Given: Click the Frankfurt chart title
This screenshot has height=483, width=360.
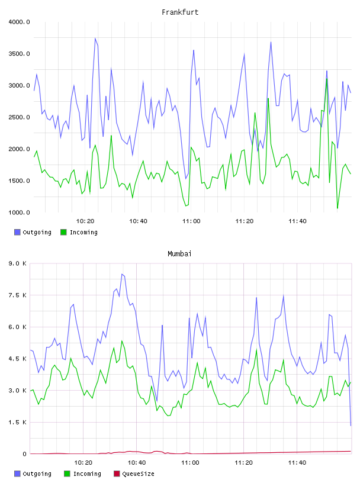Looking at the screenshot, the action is [x=180, y=12].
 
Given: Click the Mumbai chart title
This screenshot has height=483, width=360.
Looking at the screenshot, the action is [x=179, y=254].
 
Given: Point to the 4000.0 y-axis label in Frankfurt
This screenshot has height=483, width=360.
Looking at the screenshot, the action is [x=19, y=22].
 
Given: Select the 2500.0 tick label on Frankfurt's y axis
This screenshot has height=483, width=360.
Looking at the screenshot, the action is [x=19, y=117].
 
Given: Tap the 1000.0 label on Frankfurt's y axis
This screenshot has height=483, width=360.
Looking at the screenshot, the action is [x=19, y=212].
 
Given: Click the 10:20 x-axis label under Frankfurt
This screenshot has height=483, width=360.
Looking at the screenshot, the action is [x=85, y=221].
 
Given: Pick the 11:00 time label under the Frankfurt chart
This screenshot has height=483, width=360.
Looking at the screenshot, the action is [x=191, y=221].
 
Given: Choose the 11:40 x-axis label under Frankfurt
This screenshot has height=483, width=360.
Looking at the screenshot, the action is [x=297, y=221].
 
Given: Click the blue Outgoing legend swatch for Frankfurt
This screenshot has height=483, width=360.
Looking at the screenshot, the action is [x=17, y=232].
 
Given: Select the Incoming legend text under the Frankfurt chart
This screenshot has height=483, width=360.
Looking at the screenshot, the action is [x=83, y=233].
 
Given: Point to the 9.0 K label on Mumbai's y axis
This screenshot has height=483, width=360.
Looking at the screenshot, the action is [x=18, y=263].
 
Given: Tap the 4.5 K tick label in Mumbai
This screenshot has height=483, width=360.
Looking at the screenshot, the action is [x=18, y=359].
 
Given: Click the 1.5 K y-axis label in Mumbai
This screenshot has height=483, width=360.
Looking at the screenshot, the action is [x=18, y=422].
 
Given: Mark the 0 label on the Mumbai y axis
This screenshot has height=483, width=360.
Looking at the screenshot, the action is [x=25, y=454].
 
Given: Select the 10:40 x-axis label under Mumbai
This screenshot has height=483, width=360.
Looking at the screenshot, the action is [x=137, y=463].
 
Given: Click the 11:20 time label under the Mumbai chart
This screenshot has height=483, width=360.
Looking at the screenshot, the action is [x=243, y=463].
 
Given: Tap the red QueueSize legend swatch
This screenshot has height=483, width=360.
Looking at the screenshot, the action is [x=117, y=474].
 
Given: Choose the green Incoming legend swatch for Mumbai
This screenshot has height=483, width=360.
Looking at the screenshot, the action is [x=67, y=474].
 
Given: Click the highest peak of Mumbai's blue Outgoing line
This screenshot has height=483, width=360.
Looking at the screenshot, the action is [x=122, y=274].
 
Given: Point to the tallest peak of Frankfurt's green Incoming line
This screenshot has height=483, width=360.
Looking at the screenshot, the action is [x=327, y=79].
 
